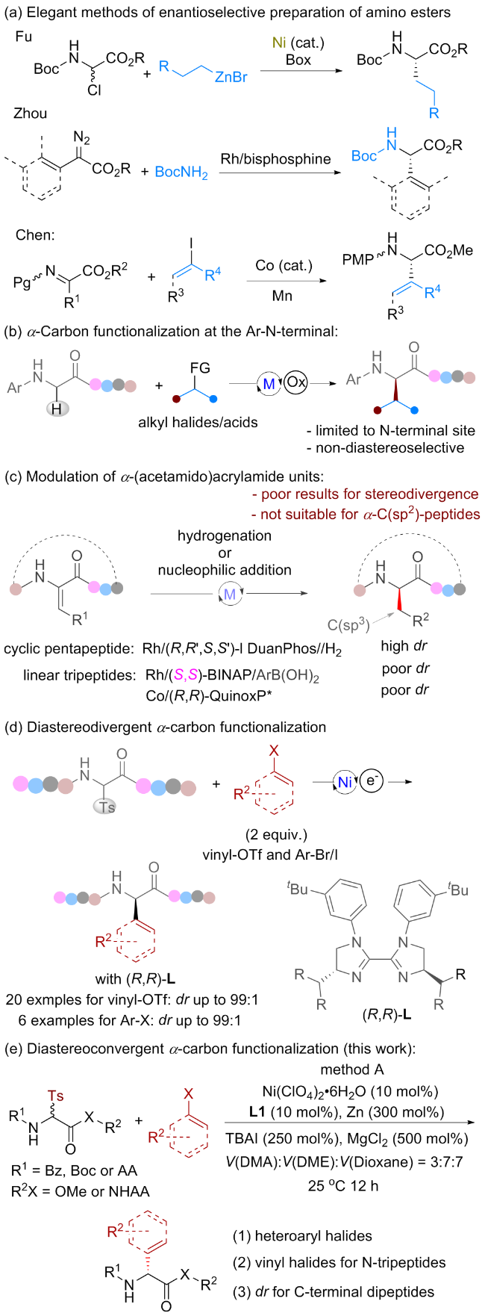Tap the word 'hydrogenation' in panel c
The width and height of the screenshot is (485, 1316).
pos(225,537)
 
